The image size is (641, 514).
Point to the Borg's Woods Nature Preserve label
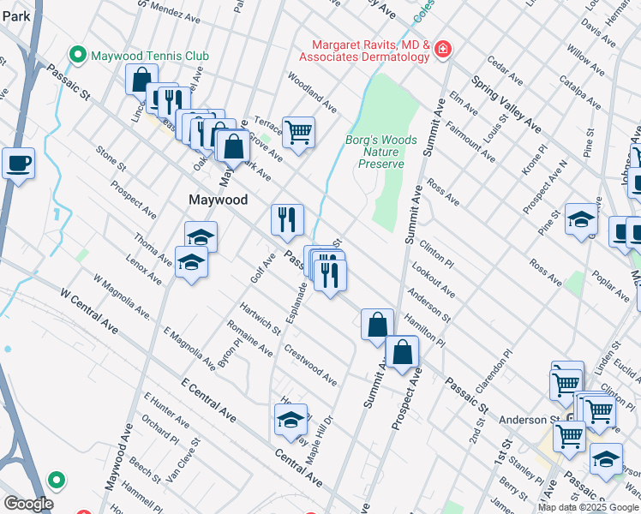click(x=381, y=152)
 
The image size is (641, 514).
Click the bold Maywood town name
click(x=218, y=200)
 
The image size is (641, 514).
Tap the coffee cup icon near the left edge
click(x=18, y=163)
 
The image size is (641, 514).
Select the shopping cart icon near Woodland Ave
click(x=298, y=133)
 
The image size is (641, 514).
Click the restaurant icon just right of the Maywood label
click(x=287, y=219)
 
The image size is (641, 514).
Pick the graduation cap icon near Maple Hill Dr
click(x=291, y=420)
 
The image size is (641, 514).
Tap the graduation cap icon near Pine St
click(x=581, y=220)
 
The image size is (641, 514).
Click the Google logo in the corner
click(x=27, y=503)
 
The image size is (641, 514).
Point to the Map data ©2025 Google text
click(x=588, y=507)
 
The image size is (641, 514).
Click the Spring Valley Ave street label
click(x=506, y=105)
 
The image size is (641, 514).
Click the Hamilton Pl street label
click(x=426, y=328)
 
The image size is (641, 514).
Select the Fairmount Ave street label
click(x=469, y=139)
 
